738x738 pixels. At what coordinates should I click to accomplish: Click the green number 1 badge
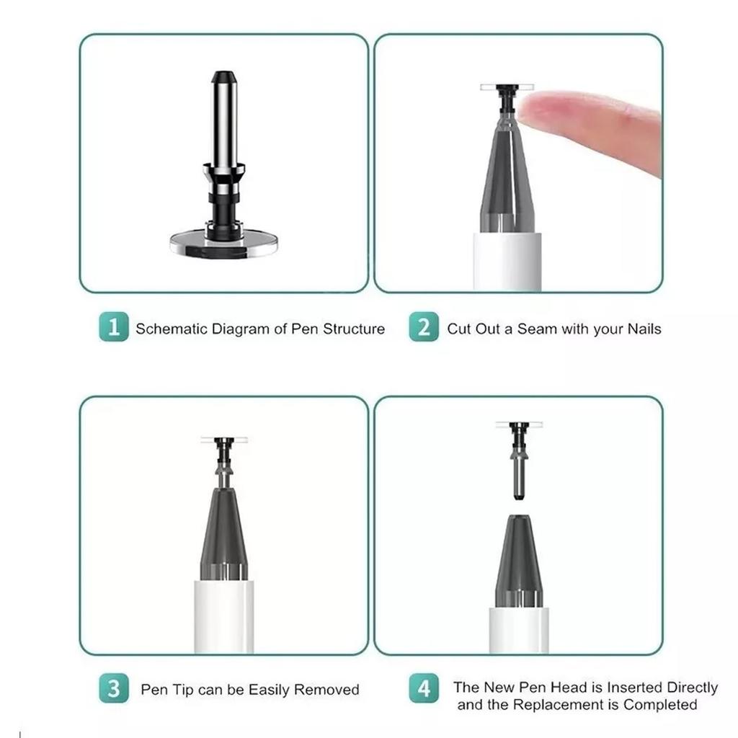(113, 329)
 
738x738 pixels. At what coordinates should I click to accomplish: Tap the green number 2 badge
(424, 329)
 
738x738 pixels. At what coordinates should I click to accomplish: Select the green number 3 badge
(113, 689)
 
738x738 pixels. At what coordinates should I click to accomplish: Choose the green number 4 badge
(424, 689)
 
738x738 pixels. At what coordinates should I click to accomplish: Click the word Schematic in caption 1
(172, 329)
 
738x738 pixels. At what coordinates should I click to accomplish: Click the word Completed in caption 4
(660, 704)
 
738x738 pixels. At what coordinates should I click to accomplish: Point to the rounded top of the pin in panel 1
(223, 76)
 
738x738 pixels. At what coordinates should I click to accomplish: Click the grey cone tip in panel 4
(518, 559)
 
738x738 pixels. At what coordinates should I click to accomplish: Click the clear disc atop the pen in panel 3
(223, 439)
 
